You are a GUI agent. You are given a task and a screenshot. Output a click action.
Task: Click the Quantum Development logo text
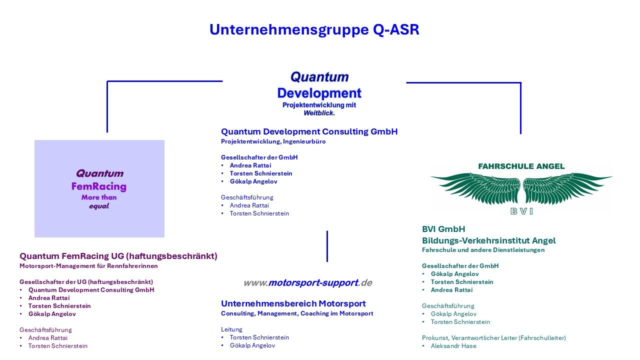pyautogui.click(x=319, y=93)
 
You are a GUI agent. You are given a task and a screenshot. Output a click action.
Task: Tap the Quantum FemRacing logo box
pyautogui.click(x=99, y=188)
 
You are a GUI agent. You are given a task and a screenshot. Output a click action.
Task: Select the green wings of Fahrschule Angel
pyautogui.click(x=521, y=188)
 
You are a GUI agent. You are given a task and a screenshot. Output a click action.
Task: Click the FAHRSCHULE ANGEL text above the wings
pyautogui.click(x=521, y=166)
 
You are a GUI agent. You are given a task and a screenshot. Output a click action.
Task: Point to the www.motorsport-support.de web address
pyautogui.click(x=307, y=283)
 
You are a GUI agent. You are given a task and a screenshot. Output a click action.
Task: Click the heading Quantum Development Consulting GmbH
pyautogui.click(x=309, y=131)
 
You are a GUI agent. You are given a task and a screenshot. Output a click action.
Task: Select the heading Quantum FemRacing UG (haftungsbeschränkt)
pyautogui.click(x=118, y=256)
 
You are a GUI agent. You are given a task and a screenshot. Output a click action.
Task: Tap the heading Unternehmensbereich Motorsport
pyautogui.click(x=293, y=303)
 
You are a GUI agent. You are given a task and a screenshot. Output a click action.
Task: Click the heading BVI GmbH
pyautogui.click(x=443, y=229)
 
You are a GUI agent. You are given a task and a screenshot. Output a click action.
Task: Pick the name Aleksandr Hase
pyautogui.click(x=453, y=346)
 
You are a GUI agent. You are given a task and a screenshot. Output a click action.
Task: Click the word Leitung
pyautogui.click(x=231, y=329)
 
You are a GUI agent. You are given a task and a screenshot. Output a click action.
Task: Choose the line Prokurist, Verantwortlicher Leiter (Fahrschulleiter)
pyautogui.click(x=493, y=338)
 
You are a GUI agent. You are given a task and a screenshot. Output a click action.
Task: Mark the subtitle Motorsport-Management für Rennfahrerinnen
pyautogui.click(x=88, y=266)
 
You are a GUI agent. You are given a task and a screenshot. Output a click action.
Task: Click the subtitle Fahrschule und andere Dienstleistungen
pyautogui.click(x=483, y=250)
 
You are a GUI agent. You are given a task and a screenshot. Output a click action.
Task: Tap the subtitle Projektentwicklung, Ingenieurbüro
pyautogui.click(x=273, y=141)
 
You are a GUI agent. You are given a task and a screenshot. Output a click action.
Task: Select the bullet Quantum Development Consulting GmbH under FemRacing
pyautogui.click(x=91, y=290)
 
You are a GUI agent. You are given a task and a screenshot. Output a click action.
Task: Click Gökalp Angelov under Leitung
pyautogui.click(x=252, y=345)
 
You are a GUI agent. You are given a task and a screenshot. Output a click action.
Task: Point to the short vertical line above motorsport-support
pyautogui.click(x=327, y=246)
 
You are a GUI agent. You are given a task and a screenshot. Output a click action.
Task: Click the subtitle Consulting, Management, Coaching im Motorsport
pyautogui.click(x=297, y=313)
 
